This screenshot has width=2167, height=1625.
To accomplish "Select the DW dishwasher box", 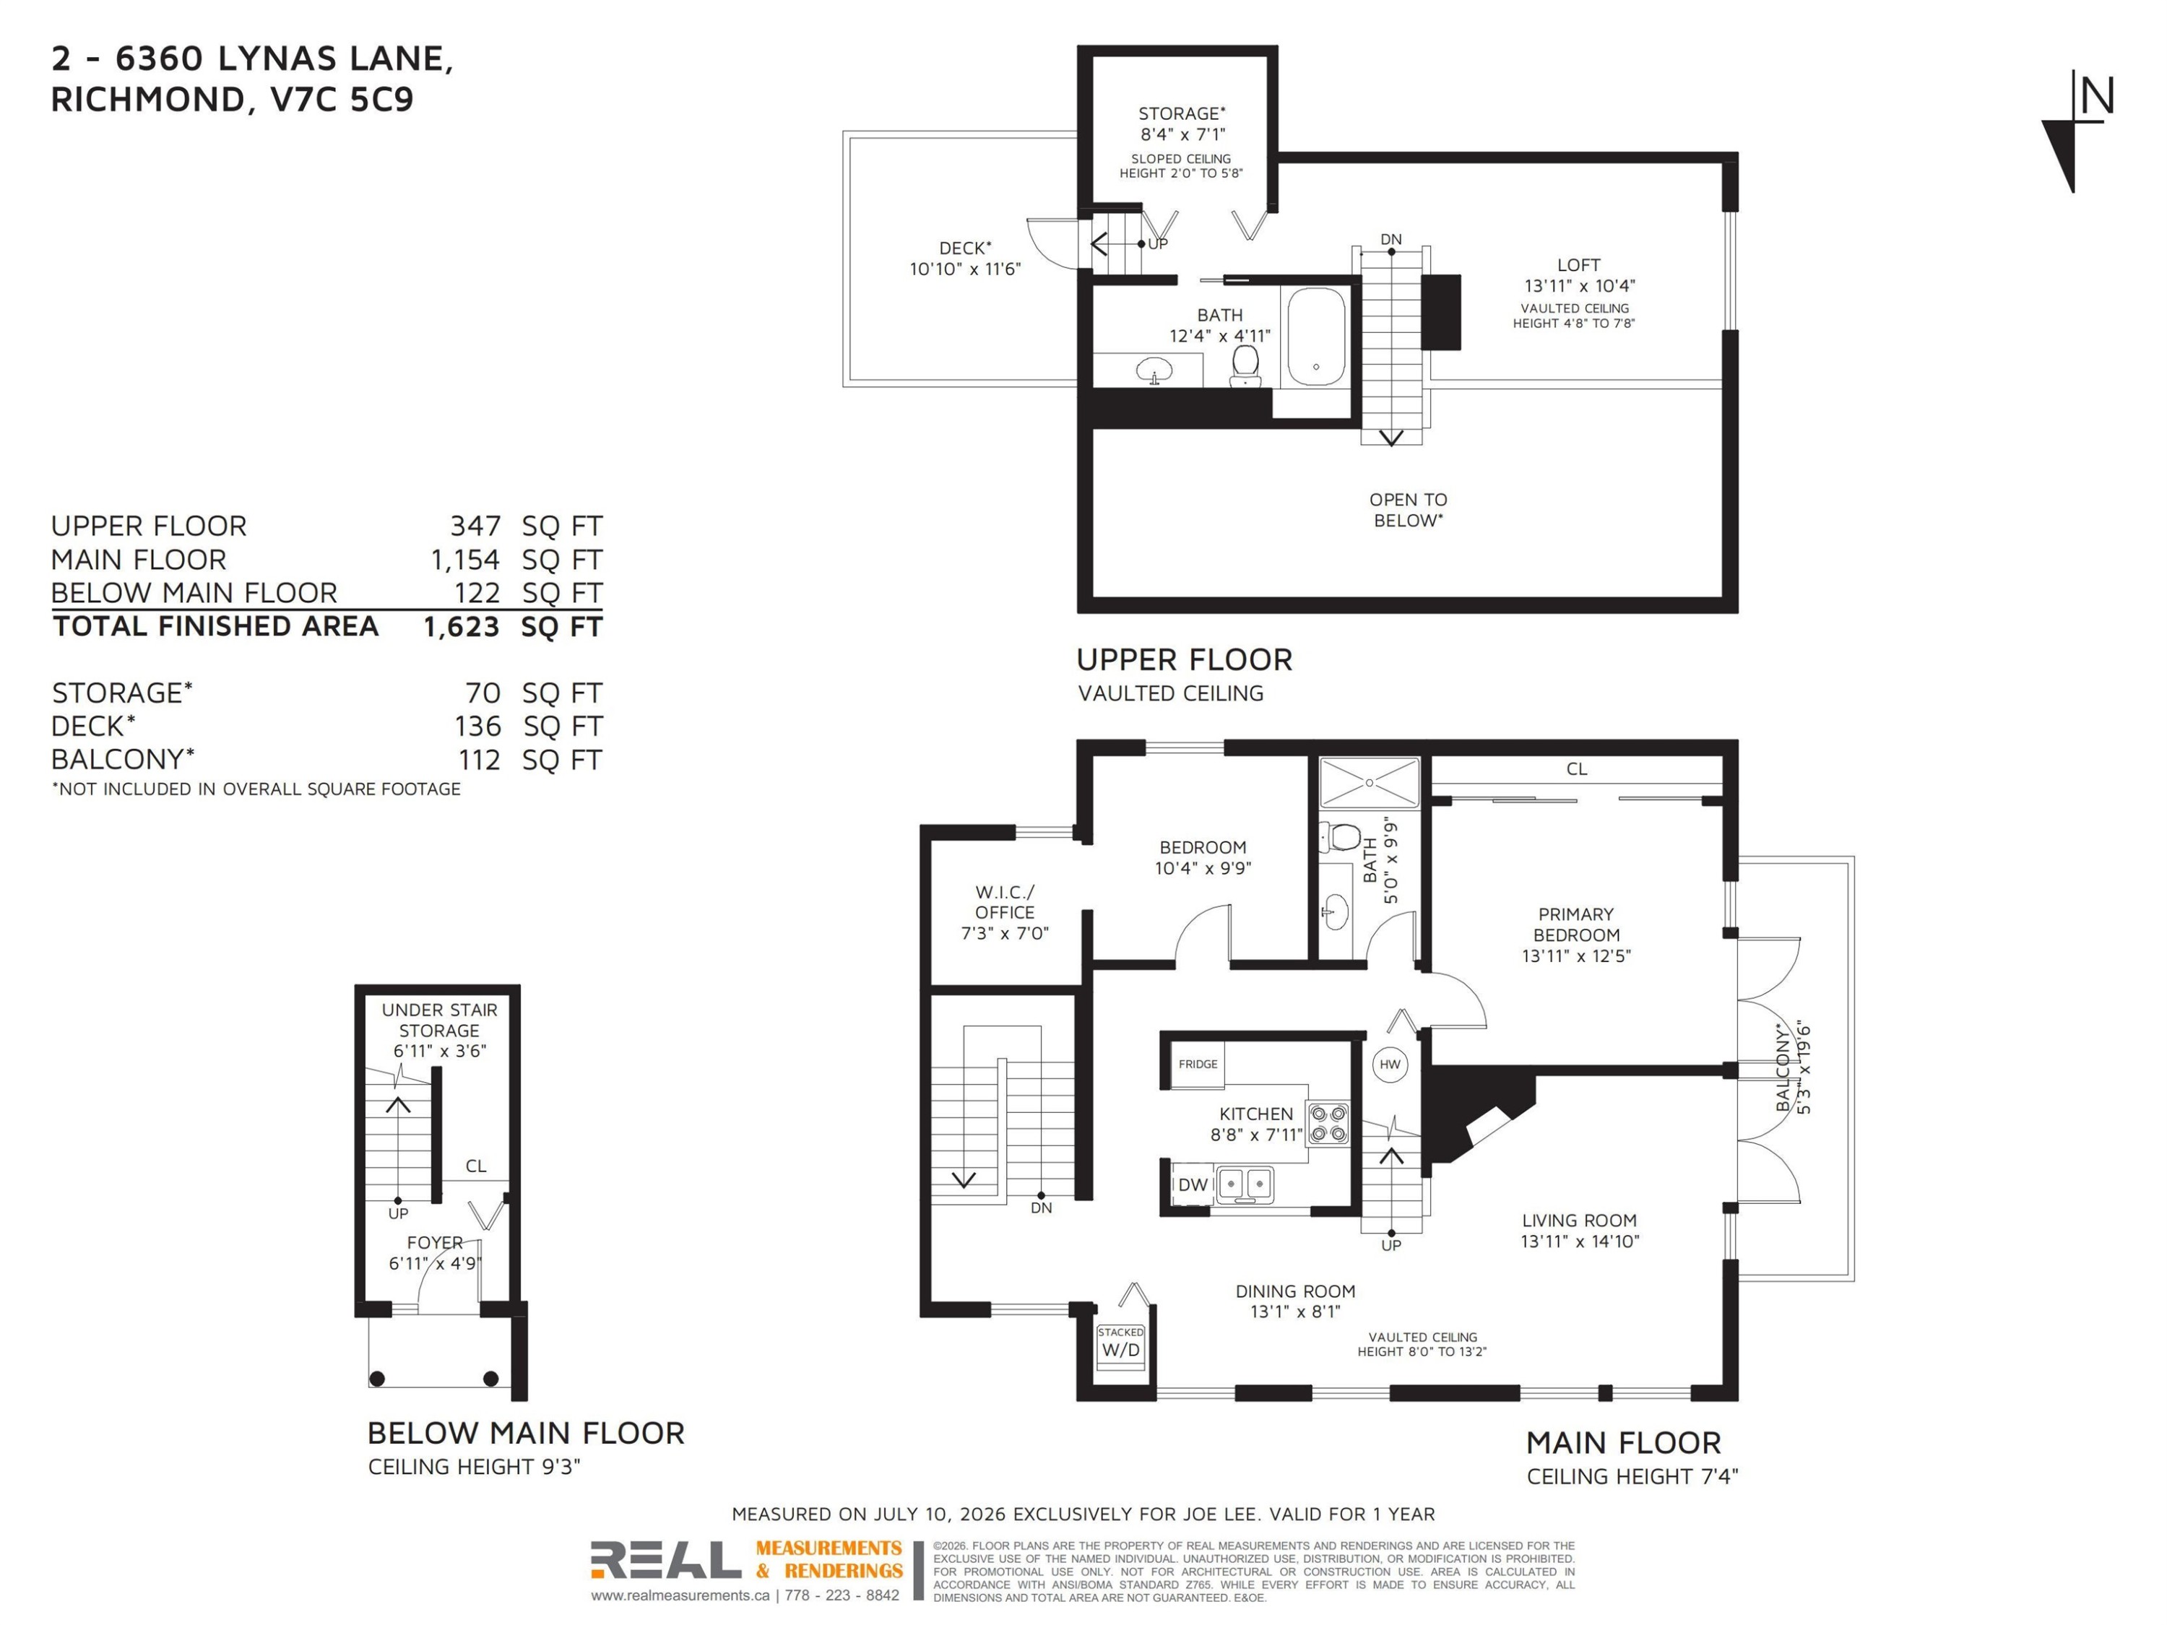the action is (1193, 1185).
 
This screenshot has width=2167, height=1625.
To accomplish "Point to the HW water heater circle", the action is (1390, 1065).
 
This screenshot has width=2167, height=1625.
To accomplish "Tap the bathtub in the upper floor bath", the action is (1315, 336).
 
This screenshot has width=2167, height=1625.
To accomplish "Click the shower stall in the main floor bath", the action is (1369, 783).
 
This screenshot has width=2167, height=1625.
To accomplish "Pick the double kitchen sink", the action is (1244, 1185).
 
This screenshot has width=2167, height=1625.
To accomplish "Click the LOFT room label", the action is (1578, 266).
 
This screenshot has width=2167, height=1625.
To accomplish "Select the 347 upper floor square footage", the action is (475, 526).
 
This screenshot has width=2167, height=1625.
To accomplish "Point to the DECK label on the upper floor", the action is (965, 248).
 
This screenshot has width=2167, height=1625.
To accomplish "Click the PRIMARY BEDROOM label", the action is (1576, 924).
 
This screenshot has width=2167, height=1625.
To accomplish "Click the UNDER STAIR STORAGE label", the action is (439, 1020).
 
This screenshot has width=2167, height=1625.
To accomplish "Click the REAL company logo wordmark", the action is (665, 1559).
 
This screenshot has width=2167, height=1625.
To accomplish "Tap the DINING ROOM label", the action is (1295, 1291).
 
